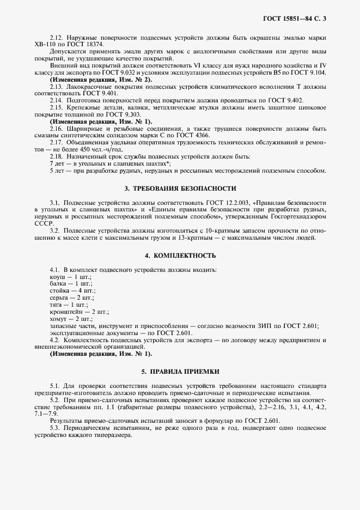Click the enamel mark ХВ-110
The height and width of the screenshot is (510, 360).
tap(44, 45)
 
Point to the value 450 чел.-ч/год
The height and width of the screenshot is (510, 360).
tap(101, 149)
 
